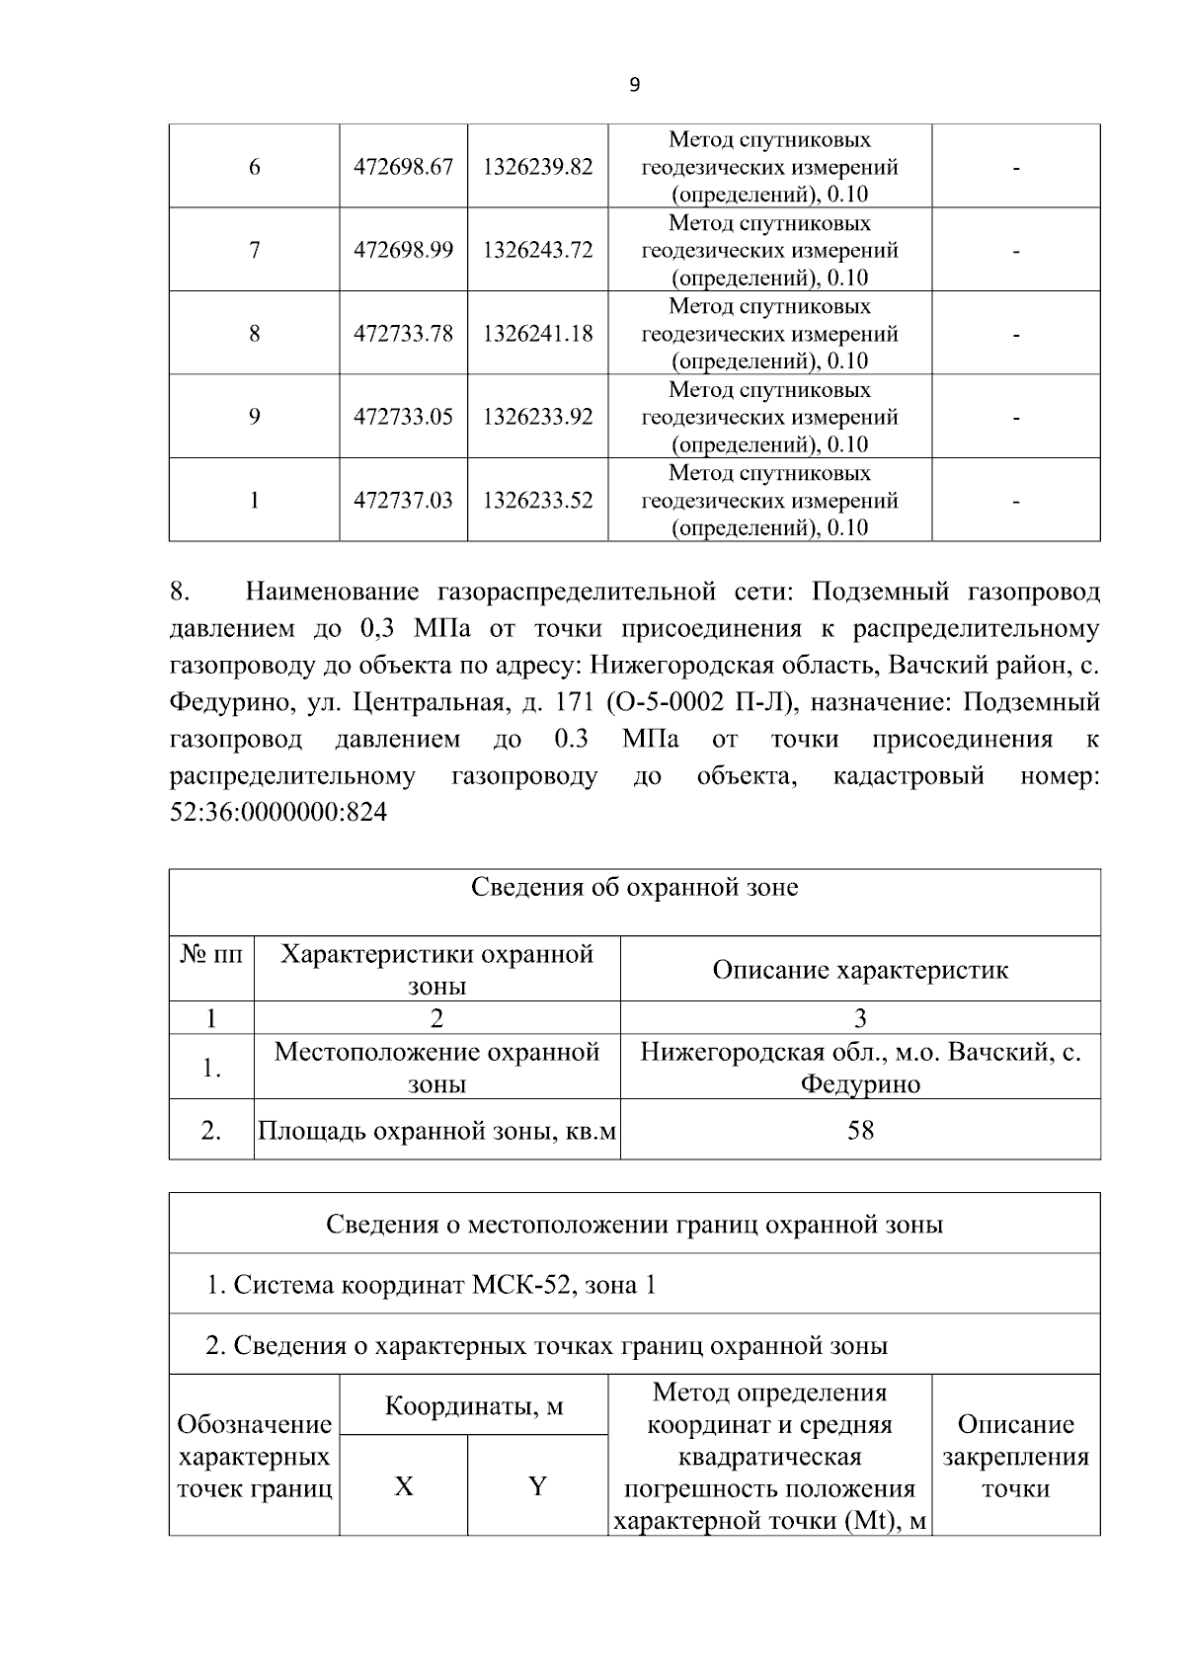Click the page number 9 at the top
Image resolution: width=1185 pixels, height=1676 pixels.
pos(634,86)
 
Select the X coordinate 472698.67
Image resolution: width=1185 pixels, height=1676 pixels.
pos(403,167)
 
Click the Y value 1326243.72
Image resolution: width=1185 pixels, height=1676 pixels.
pos(537,250)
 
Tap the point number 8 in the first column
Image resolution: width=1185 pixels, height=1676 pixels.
pos(254,334)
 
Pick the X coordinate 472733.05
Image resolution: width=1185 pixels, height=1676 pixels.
pos(403,417)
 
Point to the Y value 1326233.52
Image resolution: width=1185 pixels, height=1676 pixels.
pos(537,501)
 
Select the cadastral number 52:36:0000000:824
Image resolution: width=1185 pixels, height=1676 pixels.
pos(278,813)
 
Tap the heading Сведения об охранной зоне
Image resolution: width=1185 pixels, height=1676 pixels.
pos(634,887)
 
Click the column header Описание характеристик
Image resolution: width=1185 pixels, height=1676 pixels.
pos(860,970)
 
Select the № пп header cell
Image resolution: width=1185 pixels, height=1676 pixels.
pos(211,955)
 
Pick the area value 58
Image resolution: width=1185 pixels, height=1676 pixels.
pos(860,1130)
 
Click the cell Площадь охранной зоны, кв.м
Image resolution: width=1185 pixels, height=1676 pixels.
pos(436,1130)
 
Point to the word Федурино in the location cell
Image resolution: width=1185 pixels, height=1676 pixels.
pos(860,1084)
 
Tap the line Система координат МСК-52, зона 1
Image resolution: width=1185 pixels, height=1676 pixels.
pos(431,1285)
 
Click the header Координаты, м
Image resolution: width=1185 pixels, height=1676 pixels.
pos(473,1405)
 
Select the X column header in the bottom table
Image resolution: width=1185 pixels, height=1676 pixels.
pos(403,1485)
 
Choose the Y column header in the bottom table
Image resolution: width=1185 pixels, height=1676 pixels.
pos(537,1485)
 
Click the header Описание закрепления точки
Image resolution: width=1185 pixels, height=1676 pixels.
pos(1015,1456)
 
